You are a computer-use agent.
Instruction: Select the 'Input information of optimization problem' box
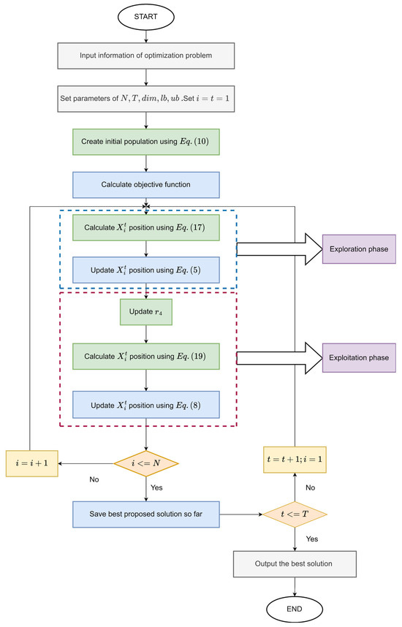click(147, 56)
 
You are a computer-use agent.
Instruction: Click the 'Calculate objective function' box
click(147, 184)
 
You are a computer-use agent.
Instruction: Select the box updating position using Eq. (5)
click(147, 270)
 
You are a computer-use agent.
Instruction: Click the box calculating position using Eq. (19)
click(147, 358)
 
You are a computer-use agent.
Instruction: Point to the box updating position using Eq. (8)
click(147, 403)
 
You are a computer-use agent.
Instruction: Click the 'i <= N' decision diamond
click(147, 463)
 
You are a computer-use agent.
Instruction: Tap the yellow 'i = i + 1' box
click(30, 463)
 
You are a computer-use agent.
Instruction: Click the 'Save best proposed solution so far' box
click(147, 515)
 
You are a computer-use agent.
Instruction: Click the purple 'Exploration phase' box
click(353, 249)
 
